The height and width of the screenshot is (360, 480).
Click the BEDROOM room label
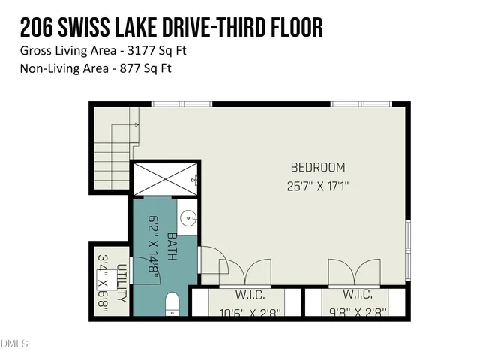[318, 167]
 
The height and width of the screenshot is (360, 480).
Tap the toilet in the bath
[172, 304]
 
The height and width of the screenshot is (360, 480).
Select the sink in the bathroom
[188, 218]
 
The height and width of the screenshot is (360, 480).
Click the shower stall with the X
[165, 179]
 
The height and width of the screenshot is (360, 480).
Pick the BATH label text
[172, 246]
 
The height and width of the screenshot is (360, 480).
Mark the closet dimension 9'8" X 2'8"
[358, 311]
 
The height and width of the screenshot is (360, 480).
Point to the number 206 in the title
[35, 28]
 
